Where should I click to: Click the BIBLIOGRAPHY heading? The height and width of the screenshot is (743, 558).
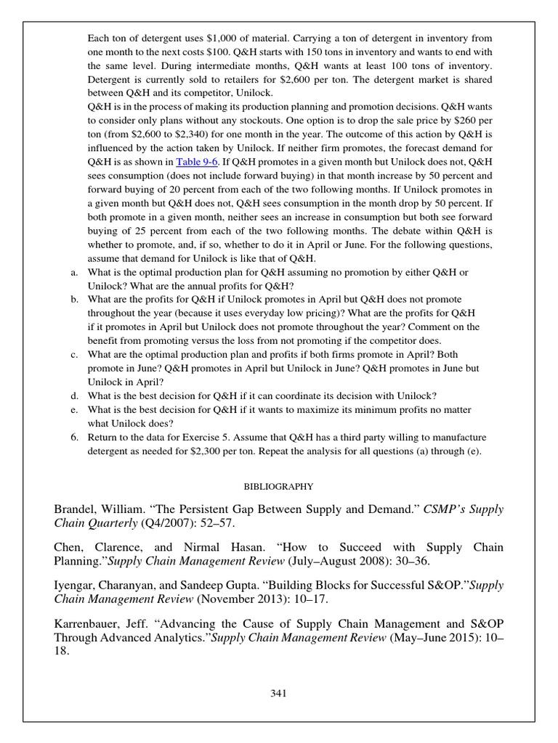(x=278, y=485)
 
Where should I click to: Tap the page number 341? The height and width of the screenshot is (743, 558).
(x=278, y=693)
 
